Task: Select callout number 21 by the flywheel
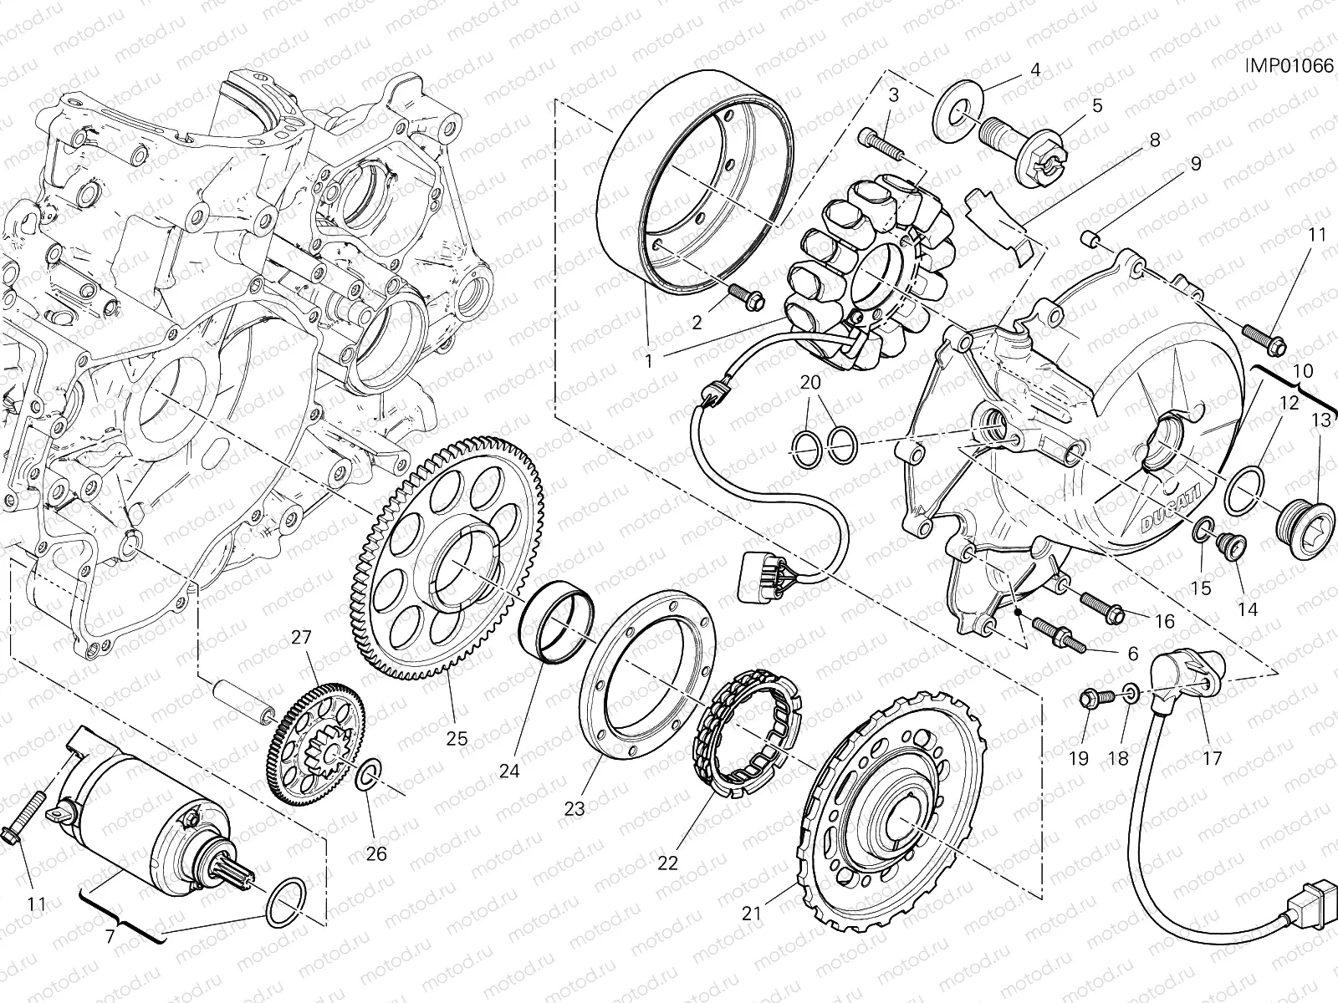pyautogui.click(x=752, y=914)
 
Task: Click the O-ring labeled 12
pyautogui.click(x=1244, y=492)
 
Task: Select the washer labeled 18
pyautogui.click(x=1129, y=693)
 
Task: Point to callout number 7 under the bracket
pyautogui.click(x=109, y=934)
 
